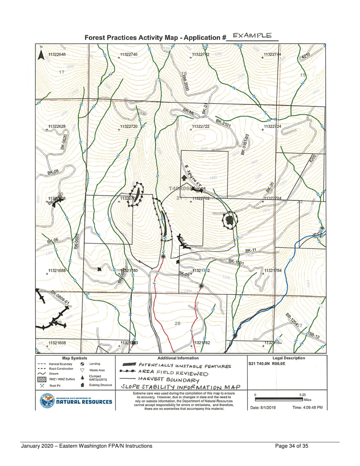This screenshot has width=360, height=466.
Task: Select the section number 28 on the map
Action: point(178,323)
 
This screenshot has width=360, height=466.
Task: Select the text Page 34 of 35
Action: point(292,446)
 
